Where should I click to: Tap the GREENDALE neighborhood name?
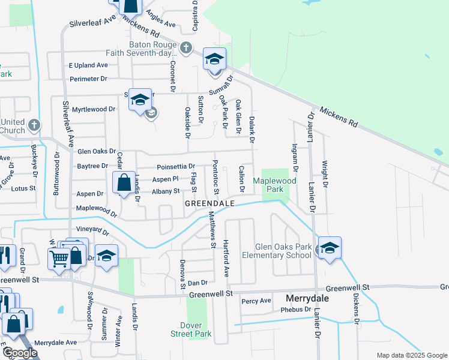click(x=209, y=203)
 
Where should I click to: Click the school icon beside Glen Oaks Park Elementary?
click(x=330, y=248)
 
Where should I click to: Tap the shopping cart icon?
click(x=59, y=259)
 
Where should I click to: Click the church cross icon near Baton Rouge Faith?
click(x=186, y=47)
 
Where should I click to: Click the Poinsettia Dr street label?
click(x=176, y=166)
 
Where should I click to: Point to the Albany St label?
click(x=166, y=191)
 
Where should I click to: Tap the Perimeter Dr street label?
click(x=88, y=79)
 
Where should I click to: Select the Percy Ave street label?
click(x=256, y=301)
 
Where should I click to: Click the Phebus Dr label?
click(x=296, y=310)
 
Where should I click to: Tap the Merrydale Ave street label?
click(x=56, y=342)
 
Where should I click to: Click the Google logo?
click(x=20, y=353)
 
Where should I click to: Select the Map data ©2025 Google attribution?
click(x=411, y=355)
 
